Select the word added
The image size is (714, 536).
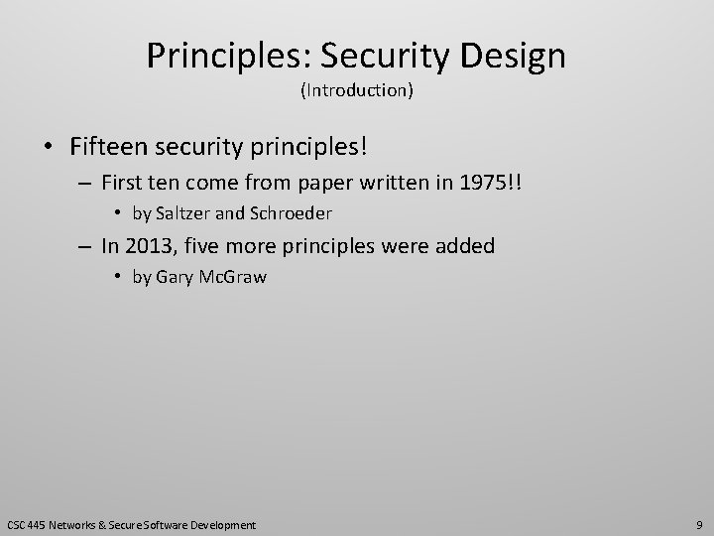tap(461, 245)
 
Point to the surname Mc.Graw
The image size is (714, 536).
tap(231, 276)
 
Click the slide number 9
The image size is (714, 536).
tap(699, 523)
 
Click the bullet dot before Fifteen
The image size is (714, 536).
tap(48, 148)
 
